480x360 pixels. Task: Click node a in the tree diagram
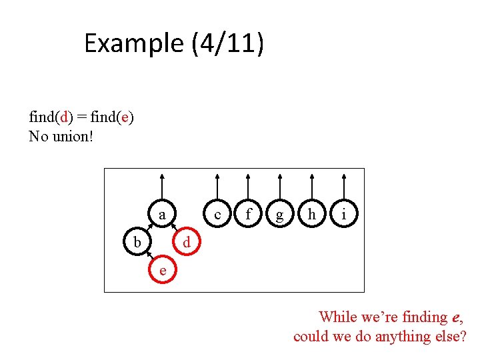(x=162, y=215)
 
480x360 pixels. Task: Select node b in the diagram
(x=137, y=242)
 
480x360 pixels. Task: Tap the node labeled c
(x=217, y=215)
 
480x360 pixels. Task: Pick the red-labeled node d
(x=187, y=243)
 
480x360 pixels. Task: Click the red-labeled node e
(x=162, y=269)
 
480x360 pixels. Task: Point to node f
(x=249, y=215)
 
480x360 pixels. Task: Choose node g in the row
(x=280, y=215)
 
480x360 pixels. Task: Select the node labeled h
(x=311, y=215)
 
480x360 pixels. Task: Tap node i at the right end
(x=343, y=215)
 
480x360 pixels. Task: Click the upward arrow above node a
(x=162, y=187)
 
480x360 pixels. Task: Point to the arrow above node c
(x=217, y=187)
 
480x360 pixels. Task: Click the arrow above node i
(x=343, y=187)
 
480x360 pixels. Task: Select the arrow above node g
(x=280, y=187)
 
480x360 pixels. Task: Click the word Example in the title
(x=134, y=44)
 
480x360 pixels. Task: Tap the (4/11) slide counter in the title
(x=228, y=44)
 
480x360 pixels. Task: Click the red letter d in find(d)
(x=64, y=117)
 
